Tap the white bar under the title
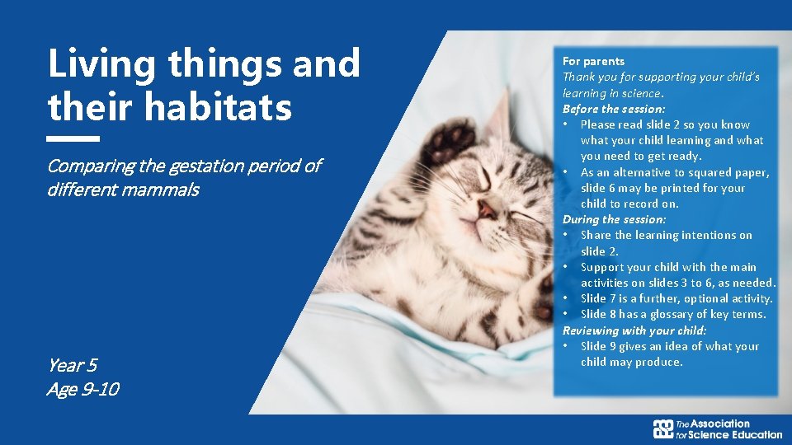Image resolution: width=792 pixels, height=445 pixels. tap(73, 138)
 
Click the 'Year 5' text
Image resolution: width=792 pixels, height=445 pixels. tap(73, 365)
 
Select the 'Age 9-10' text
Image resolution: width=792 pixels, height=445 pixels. tap(82, 390)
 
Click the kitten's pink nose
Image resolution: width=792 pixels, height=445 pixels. tap(487, 209)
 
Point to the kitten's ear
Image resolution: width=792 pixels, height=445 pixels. tap(497, 124)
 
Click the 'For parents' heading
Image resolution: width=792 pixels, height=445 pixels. tap(593, 61)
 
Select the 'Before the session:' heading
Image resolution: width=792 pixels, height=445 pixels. tap(614, 109)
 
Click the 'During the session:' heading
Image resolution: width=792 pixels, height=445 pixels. tap(614, 219)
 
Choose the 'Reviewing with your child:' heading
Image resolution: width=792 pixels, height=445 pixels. tap(634, 330)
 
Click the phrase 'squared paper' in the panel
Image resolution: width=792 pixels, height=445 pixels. tap(734, 172)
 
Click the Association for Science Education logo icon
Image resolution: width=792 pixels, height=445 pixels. tap(663, 429)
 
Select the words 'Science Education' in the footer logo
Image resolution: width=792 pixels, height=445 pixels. tap(736, 434)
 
